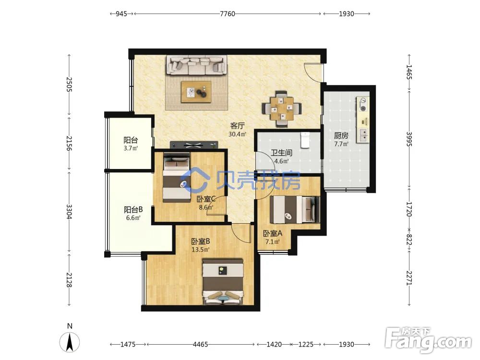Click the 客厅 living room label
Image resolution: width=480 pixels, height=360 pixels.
pyautogui.click(x=238, y=126)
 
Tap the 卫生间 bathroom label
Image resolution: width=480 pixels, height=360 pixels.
pyautogui.click(x=281, y=153)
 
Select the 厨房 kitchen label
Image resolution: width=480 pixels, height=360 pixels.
pyautogui.click(x=341, y=135)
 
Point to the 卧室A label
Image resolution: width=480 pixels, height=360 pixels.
pyautogui.click(x=273, y=234)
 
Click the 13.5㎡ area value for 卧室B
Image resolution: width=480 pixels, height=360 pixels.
pyautogui.click(x=201, y=250)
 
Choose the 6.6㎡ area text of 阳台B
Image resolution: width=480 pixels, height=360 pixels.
pyautogui.click(x=133, y=218)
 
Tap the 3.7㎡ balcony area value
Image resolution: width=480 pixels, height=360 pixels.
pyautogui.click(x=131, y=148)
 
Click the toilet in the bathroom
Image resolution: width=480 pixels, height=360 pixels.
pyautogui.click(x=305, y=140)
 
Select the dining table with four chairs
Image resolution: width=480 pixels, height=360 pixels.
pyautogui.click(x=282, y=108)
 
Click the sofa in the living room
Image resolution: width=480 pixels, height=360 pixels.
pyautogui.click(x=196, y=65)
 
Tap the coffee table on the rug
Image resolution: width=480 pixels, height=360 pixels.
pyautogui.click(x=196, y=92)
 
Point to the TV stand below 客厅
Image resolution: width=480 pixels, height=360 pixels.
pyautogui.click(x=194, y=145)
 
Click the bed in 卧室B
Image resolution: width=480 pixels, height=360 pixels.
pyautogui.click(x=223, y=282)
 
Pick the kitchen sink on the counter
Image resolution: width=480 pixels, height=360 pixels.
pyautogui.click(x=363, y=135)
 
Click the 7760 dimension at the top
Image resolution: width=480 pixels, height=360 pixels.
pyautogui.click(x=228, y=14)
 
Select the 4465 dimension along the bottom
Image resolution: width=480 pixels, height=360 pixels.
pyautogui.click(x=201, y=344)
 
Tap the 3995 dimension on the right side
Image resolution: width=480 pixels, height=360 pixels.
pyautogui.click(x=409, y=139)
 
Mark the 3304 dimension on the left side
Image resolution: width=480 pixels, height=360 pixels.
pyautogui.click(x=69, y=212)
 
